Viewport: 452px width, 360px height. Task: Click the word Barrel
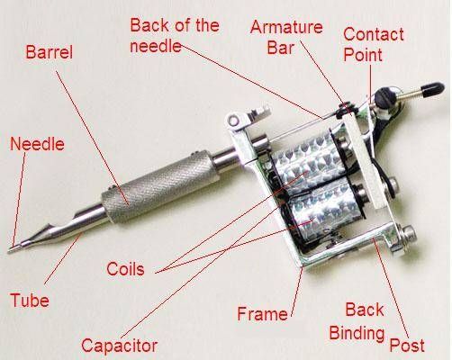click(x=50, y=52)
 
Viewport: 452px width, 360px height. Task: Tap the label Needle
click(x=37, y=144)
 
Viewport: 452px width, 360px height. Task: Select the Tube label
click(x=30, y=300)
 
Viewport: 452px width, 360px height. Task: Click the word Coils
click(x=125, y=269)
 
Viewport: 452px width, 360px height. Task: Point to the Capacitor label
click(x=120, y=346)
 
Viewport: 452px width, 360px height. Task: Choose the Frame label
click(x=262, y=314)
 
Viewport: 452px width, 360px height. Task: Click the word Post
click(x=407, y=346)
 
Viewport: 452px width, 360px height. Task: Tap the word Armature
click(x=286, y=27)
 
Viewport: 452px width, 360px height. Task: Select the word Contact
click(x=374, y=34)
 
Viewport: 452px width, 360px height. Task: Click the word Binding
click(x=357, y=333)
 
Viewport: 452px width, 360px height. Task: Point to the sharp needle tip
click(x=9, y=250)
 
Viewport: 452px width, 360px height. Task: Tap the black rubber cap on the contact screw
click(x=433, y=90)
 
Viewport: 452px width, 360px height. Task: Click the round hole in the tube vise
click(x=233, y=121)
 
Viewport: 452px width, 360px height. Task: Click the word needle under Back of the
click(x=156, y=46)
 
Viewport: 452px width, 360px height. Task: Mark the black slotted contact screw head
click(x=384, y=96)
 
